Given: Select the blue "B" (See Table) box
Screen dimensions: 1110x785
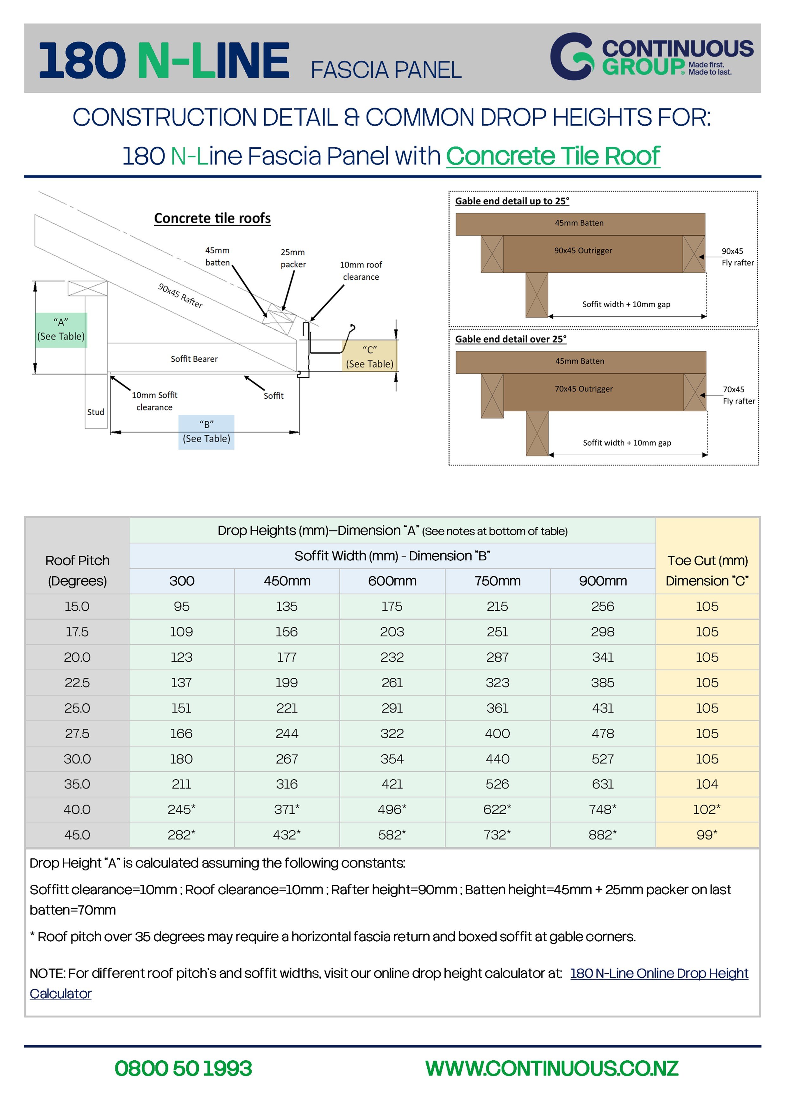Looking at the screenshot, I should [x=206, y=432].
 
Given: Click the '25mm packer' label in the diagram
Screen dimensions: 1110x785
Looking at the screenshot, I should [x=293, y=258].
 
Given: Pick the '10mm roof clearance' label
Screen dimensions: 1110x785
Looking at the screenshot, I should [x=361, y=271].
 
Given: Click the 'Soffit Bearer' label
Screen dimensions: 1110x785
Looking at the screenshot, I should [x=194, y=359].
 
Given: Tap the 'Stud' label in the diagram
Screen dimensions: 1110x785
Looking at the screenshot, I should [x=96, y=412].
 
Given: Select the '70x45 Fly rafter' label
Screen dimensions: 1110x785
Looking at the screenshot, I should [x=738, y=395].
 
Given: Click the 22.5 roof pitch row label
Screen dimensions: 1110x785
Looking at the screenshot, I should [x=77, y=683].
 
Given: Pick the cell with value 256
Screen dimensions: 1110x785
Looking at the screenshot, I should [x=603, y=606].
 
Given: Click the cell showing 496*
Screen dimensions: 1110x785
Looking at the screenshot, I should [x=392, y=809].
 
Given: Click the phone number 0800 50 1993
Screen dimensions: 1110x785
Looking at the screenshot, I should [x=183, y=1069].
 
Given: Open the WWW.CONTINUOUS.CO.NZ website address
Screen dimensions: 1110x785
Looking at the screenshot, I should [x=552, y=1069].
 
